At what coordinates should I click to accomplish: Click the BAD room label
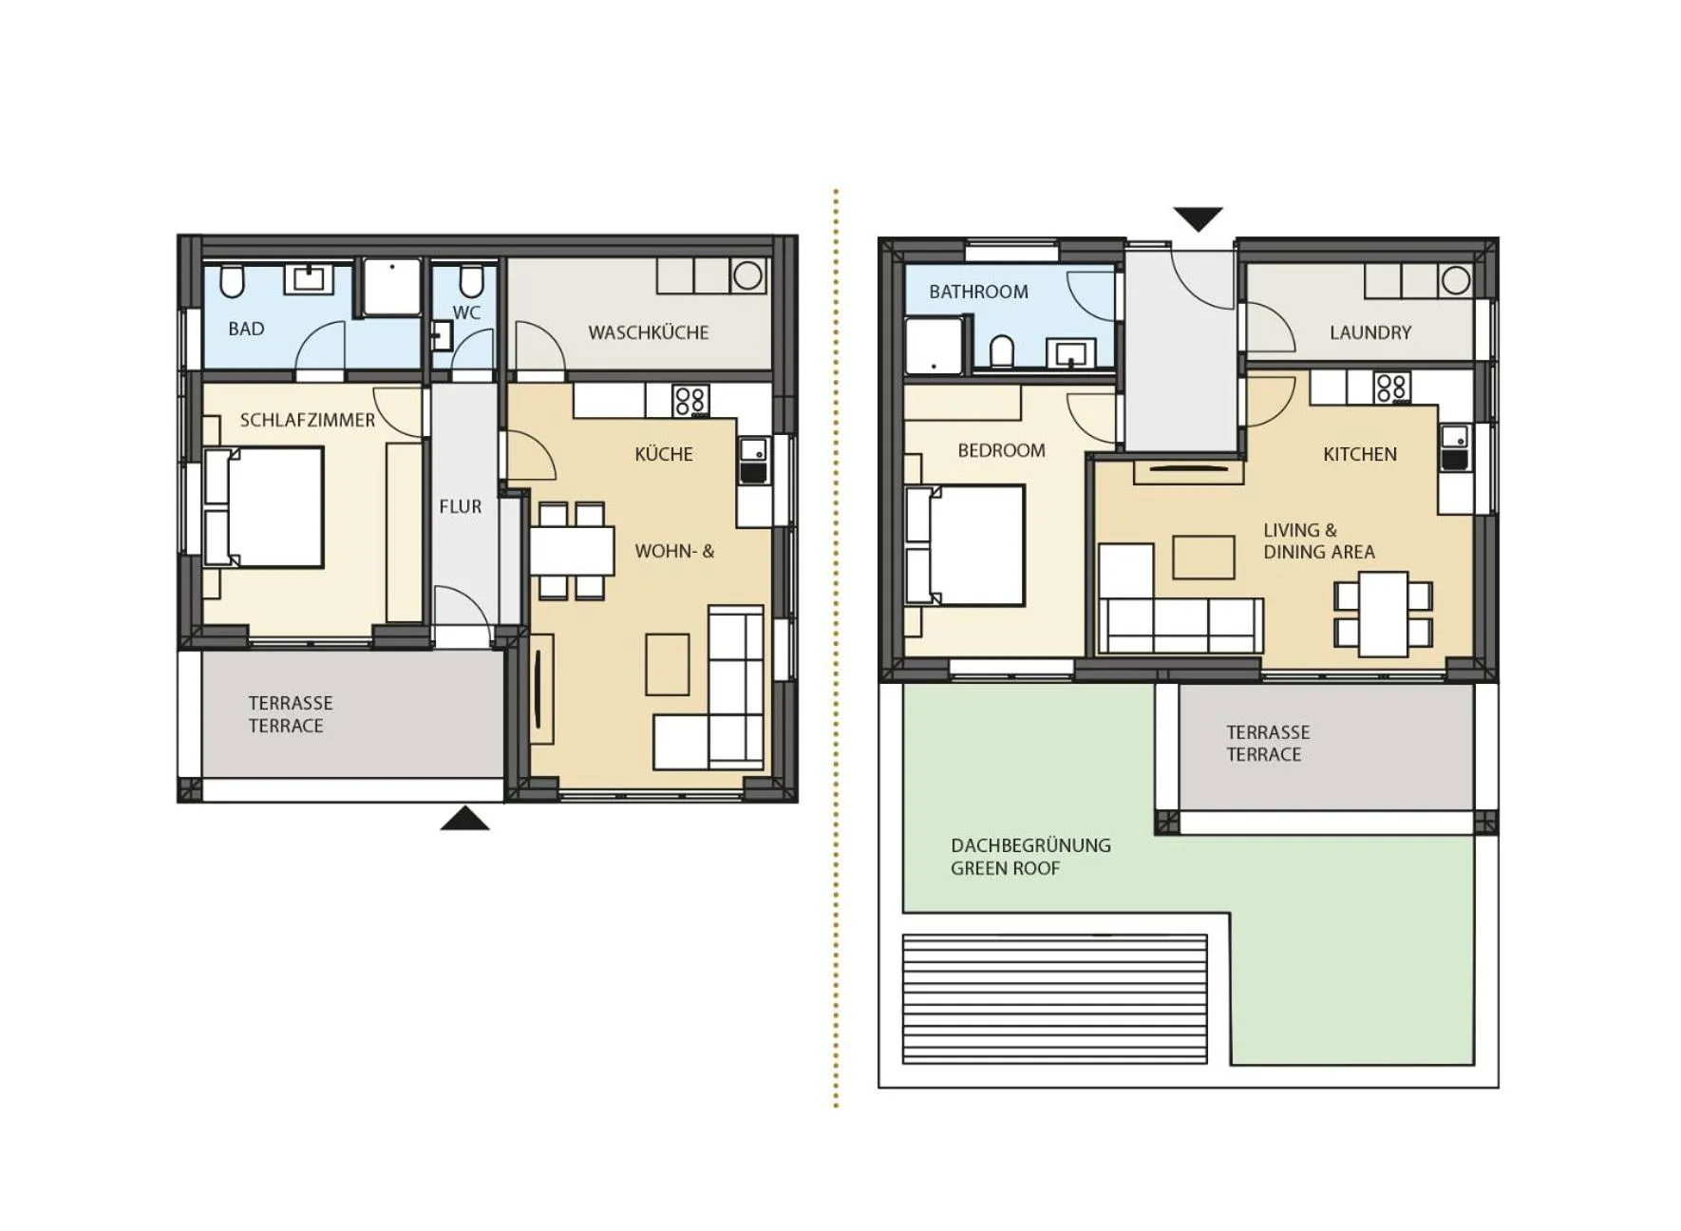[246, 329]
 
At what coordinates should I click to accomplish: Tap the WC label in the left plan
[466, 312]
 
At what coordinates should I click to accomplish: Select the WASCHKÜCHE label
[648, 332]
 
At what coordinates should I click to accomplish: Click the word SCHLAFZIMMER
[307, 420]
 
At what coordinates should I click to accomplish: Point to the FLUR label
[460, 506]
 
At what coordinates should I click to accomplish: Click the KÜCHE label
[663, 454]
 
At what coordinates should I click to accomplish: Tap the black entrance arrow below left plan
[464, 819]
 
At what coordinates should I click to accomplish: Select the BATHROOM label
[978, 292]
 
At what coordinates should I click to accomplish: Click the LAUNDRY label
[1369, 332]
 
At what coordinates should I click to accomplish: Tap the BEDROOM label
[1001, 450]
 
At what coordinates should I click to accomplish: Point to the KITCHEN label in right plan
[1359, 454]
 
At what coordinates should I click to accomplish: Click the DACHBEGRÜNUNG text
[1030, 845]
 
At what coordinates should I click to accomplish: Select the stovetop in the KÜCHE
[690, 401]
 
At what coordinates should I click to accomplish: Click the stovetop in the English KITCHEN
[1391, 388]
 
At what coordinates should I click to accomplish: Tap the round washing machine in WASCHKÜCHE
[748, 275]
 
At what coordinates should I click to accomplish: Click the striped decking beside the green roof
[1054, 998]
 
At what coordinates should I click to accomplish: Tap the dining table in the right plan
[1383, 614]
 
